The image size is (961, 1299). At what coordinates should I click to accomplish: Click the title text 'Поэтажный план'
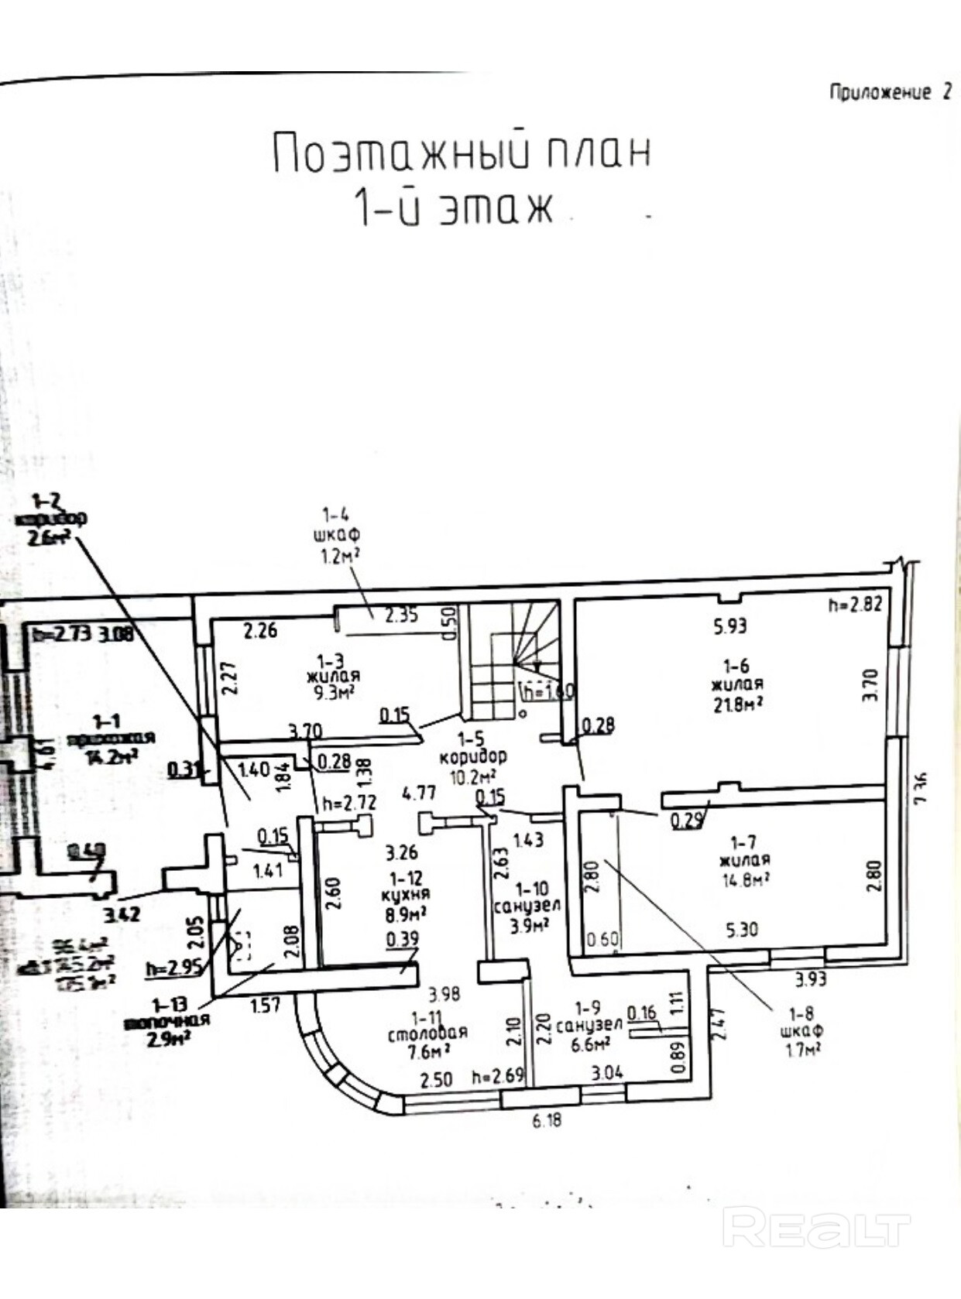pos(462,153)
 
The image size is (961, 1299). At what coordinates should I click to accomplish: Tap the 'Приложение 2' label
pos(890,91)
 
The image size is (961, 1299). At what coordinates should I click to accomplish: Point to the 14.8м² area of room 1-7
pos(744,879)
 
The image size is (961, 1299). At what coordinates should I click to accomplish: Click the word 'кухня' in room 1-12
pos(405,894)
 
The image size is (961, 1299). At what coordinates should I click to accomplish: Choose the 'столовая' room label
pos(427,1032)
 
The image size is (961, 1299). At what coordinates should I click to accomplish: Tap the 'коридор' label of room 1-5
pos(472,756)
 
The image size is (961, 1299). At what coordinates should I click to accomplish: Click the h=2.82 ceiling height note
pos(855,604)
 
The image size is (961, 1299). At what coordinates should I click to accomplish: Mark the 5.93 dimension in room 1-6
pos(729,626)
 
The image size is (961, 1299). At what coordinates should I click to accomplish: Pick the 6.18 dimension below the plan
pos(547,1119)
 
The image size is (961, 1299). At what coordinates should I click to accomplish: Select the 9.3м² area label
pos(335,691)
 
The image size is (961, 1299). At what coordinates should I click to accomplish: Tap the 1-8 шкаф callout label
pos(801,1030)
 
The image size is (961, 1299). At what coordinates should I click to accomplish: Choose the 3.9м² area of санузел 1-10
pos(530,924)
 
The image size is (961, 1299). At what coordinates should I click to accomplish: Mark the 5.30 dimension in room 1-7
pos(741,929)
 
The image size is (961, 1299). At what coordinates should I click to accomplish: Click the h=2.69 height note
pos(498,1076)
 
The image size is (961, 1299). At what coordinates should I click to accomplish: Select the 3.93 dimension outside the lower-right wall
pos(811,979)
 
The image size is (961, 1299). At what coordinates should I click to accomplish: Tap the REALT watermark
pos(816,1229)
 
